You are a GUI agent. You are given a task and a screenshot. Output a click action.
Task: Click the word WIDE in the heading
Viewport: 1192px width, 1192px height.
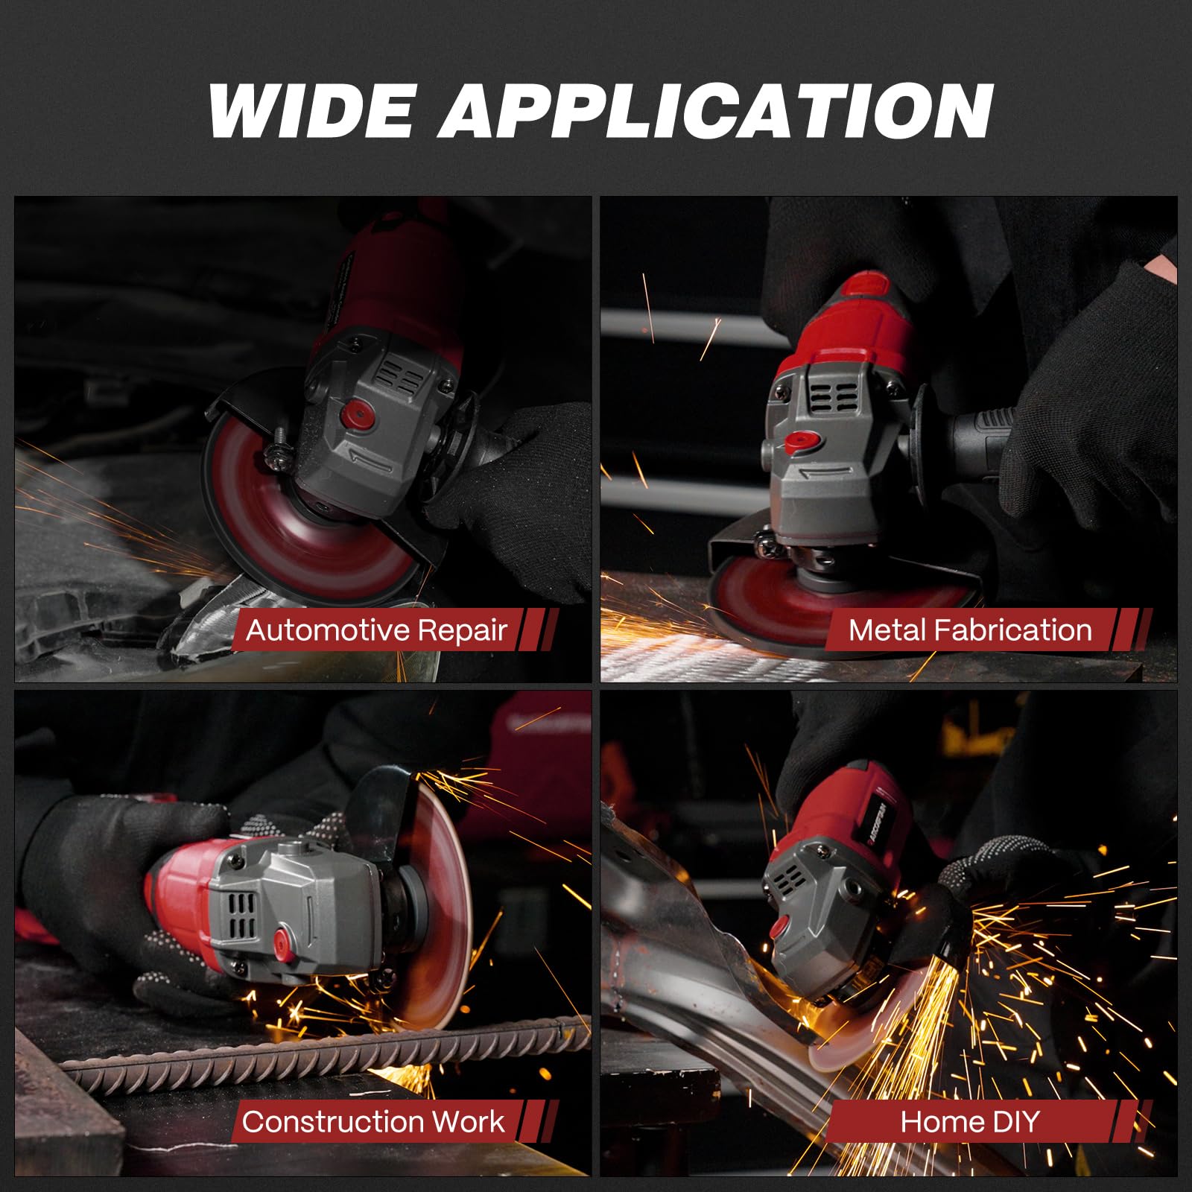[x=311, y=110]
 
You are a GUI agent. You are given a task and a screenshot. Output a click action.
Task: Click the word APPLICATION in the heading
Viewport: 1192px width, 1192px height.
[x=717, y=110]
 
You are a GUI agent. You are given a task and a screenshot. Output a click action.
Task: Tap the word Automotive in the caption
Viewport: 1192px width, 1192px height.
[x=325, y=630]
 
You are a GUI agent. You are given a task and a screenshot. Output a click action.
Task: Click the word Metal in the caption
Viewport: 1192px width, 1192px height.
[x=887, y=630]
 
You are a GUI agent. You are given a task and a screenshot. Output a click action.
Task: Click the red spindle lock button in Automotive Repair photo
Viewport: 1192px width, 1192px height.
[x=358, y=412]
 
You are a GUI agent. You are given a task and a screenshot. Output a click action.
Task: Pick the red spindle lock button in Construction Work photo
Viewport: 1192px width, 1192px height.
[x=283, y=939]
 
